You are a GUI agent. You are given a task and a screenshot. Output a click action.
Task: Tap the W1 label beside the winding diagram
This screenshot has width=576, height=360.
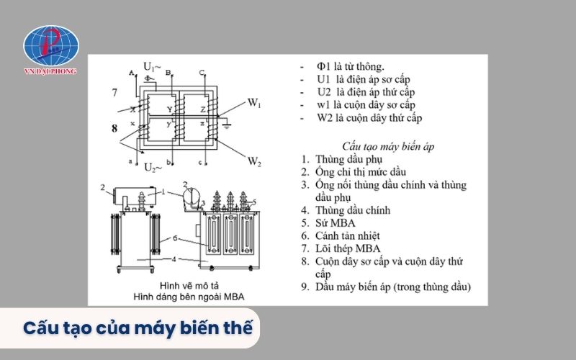click(x=254, y=103)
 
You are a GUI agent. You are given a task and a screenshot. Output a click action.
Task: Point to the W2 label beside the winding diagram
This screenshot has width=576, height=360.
click(x=255, y=161)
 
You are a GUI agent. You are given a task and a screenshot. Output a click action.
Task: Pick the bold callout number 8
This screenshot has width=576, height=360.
click(x=114, y=129)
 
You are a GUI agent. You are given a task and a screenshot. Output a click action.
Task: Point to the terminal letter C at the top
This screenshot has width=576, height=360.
click(x=202, y=73)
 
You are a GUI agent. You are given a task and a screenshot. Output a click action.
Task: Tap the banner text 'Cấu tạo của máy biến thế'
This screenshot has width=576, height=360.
click(x=138, y=328)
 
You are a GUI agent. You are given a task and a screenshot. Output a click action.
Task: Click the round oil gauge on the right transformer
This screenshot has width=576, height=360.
click(x=192, y=194)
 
